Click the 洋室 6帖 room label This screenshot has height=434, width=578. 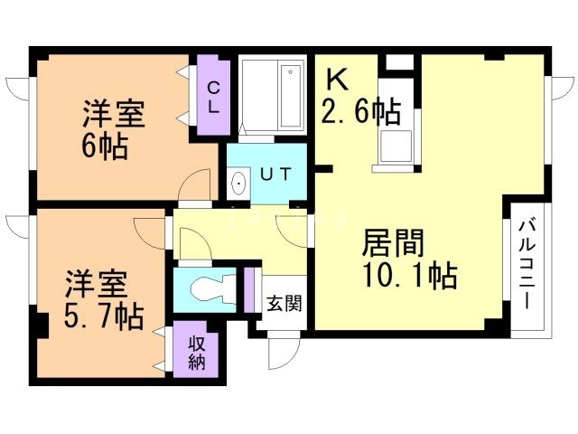(113, 129)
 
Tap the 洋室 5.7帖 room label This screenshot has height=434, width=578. (101, 302)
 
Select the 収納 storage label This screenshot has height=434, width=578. (197, 352)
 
